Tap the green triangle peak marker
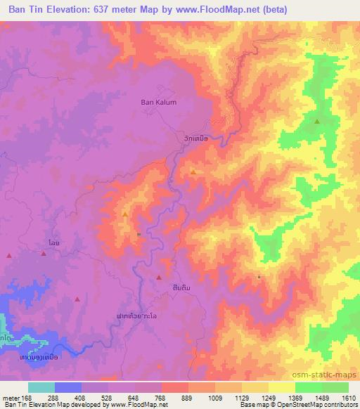click(x=317, y=121)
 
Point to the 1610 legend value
click(x=348, y=397)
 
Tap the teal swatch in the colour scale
click(x=41, y=387)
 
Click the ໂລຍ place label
click(x=53, y=242)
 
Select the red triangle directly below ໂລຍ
click(x=44, y=254)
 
